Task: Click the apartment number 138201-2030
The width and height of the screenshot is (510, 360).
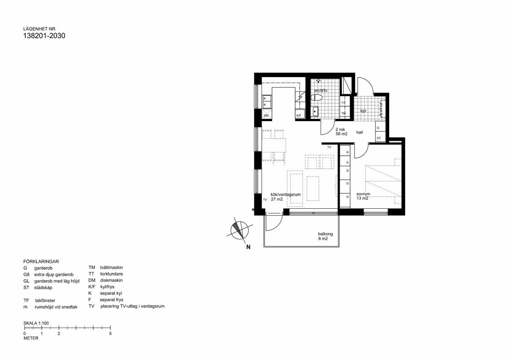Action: (44, 36)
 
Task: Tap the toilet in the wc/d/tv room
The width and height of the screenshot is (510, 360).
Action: (318, 97)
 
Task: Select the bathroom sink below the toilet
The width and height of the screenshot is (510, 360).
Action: (315, 111)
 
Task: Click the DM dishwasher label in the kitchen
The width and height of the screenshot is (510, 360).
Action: (266, 116)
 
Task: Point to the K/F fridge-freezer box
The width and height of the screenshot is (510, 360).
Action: (299, 116)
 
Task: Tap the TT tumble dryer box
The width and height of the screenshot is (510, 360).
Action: (344, 103)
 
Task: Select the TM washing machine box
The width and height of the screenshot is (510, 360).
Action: (344, 113)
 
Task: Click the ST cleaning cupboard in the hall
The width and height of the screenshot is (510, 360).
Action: (379, 138)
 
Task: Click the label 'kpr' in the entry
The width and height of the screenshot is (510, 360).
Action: (363, 111)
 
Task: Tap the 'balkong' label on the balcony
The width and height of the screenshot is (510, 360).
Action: (326, 234)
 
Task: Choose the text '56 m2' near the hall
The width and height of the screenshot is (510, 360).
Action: (342, 134)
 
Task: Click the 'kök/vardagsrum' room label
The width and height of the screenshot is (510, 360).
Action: (286, 194)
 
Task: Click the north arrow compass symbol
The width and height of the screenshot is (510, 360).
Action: (238, 230)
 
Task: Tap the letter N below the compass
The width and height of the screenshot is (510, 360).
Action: (248, 247)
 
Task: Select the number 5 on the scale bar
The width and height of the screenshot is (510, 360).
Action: (110, 333)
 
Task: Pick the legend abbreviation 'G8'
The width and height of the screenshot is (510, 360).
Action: (26, 275)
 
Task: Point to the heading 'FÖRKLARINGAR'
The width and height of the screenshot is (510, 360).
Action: (41, 261)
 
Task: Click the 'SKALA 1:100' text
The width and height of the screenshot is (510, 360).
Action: (36, 323)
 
